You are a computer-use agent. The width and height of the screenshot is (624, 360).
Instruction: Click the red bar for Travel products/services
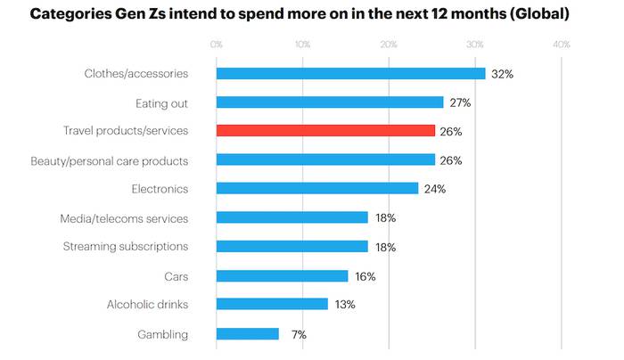pos(325,131)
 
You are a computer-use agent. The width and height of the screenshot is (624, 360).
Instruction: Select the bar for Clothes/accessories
pos(350,74)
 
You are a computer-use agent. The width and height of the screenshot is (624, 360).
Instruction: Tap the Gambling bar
pos(247,334)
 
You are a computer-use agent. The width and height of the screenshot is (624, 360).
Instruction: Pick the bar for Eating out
pos(330,102)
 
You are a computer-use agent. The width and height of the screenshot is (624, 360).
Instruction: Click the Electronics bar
pos(317,189)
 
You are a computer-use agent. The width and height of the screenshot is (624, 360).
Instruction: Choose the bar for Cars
pos(282,276)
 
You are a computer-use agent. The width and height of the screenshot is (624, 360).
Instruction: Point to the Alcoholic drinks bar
pos(272,305)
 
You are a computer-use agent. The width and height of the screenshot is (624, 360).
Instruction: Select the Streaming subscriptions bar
pos(292,247)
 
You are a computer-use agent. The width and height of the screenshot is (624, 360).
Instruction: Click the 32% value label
pos(502,74)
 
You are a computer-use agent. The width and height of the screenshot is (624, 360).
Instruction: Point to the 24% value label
pos(434,189)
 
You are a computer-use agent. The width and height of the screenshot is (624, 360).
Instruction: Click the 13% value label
pos(345,305)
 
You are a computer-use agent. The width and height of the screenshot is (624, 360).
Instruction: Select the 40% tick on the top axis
pos(562,44)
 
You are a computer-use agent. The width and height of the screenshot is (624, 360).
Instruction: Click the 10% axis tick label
pos(302,44)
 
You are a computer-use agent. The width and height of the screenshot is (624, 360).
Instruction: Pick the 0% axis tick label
pos(217,44)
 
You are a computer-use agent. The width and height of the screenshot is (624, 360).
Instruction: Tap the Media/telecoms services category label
pos(124,217)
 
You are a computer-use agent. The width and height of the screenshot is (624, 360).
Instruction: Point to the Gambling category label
pos(163,334)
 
